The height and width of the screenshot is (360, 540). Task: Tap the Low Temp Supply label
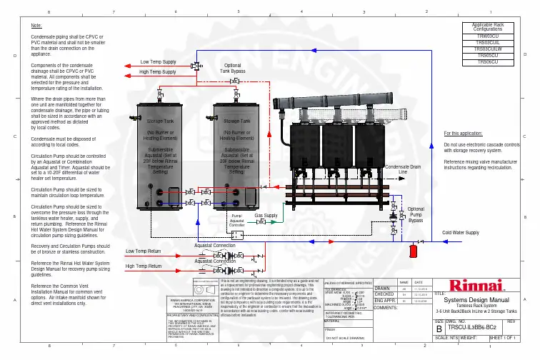coord(159,62)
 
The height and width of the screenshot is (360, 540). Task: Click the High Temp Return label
coord(144,266)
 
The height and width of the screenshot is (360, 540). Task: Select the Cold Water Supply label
coord(461,233)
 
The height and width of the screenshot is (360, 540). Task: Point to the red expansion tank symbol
coord(413,251)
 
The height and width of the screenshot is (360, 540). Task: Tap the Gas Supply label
coord(266,215)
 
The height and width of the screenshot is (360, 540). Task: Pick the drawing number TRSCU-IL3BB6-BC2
coord(471,326)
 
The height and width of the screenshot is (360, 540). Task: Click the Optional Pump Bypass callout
coord(416,215)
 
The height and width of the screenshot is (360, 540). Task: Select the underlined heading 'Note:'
coord(36,25)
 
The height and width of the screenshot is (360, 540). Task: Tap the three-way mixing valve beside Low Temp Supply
coord(195,64)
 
